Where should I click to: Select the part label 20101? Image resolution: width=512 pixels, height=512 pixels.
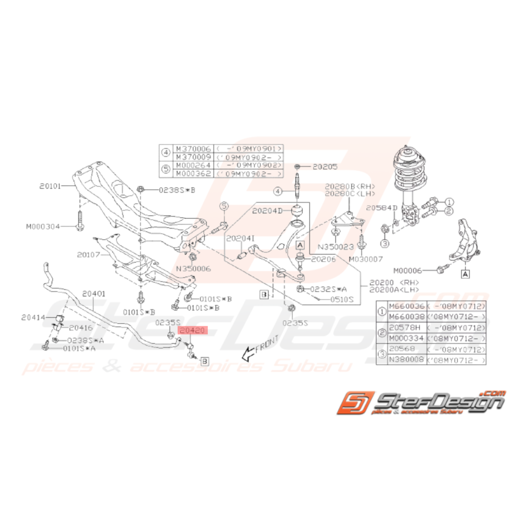click(x=53, y=186)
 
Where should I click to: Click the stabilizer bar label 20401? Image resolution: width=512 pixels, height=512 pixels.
click(x=94, y=294)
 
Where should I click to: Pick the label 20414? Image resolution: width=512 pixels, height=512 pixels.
click(x=34, y=317)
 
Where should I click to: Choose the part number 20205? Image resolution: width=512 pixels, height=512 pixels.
click(x=324, y=166)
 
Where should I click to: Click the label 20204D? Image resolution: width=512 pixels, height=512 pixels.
click(x=267, y=210)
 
